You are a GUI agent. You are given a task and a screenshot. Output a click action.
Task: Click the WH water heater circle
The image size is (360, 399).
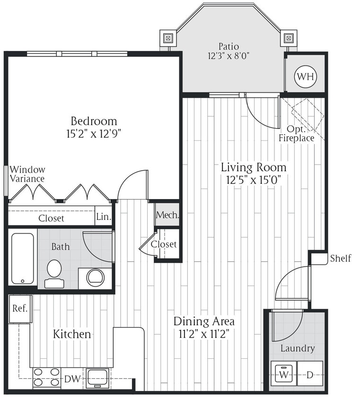(305, 76)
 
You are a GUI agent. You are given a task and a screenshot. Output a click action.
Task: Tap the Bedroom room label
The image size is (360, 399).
(94, 121)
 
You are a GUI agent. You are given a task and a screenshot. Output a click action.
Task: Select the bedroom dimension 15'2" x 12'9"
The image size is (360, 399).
(94, 134)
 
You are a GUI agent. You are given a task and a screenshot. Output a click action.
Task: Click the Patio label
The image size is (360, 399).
(228, 46)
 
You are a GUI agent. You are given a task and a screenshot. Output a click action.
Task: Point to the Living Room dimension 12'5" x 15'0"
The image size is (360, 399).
(254, 180)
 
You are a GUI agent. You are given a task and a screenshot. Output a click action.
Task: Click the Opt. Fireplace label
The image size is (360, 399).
(296, 134)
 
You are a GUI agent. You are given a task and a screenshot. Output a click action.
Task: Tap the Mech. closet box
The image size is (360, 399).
(167, 215)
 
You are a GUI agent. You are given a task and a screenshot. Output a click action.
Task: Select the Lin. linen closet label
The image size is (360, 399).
(104, 217)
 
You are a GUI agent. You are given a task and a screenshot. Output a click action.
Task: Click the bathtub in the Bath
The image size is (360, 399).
(23, 258)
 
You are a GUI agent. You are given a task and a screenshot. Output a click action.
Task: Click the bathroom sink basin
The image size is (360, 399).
(96, 277)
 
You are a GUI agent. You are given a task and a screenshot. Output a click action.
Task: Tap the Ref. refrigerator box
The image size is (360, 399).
(20, 309)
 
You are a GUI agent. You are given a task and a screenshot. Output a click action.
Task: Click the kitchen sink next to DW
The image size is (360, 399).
(98, 377)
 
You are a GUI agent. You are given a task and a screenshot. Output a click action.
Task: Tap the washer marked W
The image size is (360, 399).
(283, 374)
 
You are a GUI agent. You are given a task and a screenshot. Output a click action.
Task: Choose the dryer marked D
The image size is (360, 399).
(309, 374)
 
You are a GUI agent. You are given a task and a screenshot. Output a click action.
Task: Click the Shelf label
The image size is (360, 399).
(341, 258)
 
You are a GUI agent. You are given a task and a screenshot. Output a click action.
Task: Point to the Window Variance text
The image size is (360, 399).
(27, 174)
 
